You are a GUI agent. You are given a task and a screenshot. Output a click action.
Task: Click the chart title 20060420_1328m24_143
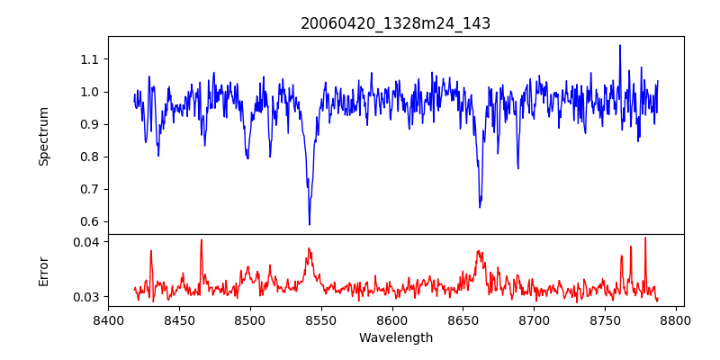tap(395, 23)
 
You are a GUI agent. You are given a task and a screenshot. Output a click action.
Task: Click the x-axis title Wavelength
tap(395, 337)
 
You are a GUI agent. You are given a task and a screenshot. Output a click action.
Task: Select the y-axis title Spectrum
tap(43, 135)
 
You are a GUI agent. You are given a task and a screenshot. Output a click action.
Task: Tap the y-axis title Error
tap(43, 270)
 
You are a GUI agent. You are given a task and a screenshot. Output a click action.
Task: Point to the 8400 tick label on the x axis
tap(108, 319)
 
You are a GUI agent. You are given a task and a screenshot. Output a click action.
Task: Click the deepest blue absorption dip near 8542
tap(310, 224)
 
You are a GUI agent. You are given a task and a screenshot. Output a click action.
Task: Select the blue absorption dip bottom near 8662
tap(480, 207)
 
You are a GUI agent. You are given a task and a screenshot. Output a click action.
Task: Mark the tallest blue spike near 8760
tap(620, 46)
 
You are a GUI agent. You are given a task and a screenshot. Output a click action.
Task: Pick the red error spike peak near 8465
tap(201, 239)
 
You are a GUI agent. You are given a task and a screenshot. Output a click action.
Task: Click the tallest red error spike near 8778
tap(645, 238)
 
